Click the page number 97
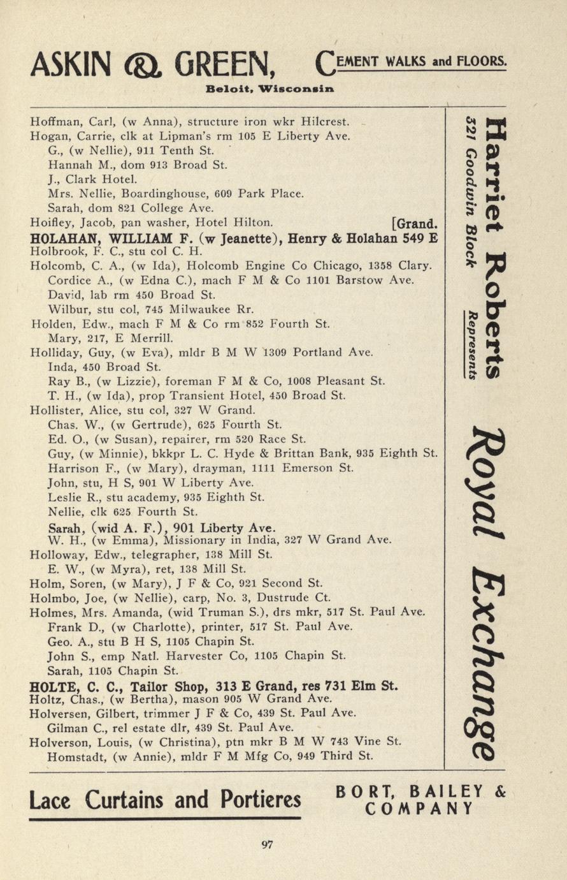(268, 845)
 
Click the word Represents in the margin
(473, 345)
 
